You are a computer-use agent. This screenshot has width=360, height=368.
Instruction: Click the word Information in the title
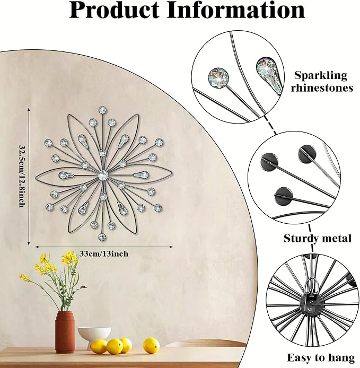pos(235,10)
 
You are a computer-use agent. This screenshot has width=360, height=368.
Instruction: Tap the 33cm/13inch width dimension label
pos(104,254)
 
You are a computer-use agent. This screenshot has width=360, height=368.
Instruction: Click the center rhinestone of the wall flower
pos(102,175)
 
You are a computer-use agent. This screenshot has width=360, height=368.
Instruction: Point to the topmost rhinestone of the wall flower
pos(102,110)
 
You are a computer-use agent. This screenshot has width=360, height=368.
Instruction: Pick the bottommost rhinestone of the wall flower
pos(102,237)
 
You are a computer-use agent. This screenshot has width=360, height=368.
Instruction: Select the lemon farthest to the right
pos(151,345)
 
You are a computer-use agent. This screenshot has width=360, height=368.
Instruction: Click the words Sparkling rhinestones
pos(321,82)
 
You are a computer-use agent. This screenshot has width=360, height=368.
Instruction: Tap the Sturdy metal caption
pos(317,239)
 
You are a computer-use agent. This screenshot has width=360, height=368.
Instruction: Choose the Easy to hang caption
pos(321,358)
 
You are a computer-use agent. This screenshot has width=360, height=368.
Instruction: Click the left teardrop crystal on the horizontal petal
pos(66,175)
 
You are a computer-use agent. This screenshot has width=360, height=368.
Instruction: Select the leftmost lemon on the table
pos(99,347)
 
